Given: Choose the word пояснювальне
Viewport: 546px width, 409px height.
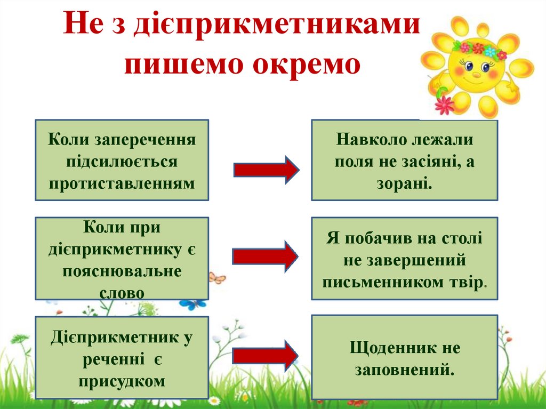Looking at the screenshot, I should (122, 271).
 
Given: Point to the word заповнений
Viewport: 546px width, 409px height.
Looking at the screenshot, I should (404, 369).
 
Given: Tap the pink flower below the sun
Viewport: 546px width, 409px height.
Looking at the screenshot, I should (444, 105).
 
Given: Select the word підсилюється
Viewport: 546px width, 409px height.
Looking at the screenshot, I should (122, 162).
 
